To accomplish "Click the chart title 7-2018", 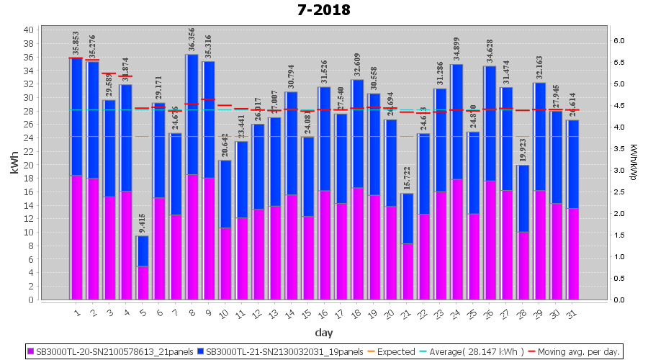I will [x=324, y=10].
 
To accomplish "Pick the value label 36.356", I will [x=192, y=35].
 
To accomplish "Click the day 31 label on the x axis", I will [x=572, y=313].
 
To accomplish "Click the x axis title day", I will [x=323, y=333].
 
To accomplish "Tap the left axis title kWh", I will [x=14, y=164].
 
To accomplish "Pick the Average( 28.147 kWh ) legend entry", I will [x=472, y=352].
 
